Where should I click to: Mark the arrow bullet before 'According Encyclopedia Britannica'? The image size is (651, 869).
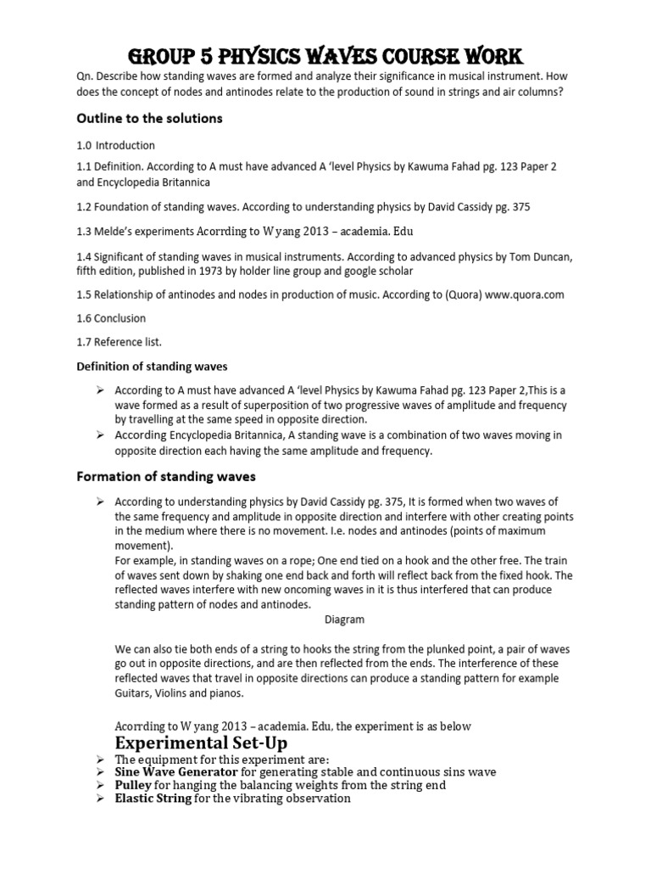99,435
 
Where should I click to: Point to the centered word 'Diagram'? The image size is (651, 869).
345,620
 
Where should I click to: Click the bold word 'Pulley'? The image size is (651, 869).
134,786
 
